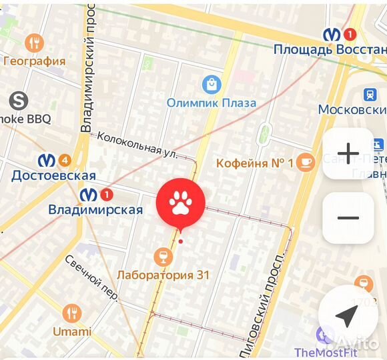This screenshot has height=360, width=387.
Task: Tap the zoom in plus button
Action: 348,153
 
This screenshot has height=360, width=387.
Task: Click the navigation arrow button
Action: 345,317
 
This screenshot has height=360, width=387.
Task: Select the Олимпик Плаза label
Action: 212,103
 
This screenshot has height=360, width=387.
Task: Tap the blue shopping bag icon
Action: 212,84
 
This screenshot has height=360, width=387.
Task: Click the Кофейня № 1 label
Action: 255,163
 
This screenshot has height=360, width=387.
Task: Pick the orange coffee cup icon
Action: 306,161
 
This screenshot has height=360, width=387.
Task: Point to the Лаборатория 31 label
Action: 163,275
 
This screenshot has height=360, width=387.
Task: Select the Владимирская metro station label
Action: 95,209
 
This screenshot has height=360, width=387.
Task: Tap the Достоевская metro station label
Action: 53,175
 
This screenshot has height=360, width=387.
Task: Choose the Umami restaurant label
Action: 72,331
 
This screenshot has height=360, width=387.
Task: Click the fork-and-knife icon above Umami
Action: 72,313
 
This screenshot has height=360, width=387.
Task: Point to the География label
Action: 35,61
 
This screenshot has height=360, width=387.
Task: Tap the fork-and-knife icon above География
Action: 34,43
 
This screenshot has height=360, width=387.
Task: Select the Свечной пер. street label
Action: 91,277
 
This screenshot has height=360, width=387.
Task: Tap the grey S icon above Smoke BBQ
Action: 19,101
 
